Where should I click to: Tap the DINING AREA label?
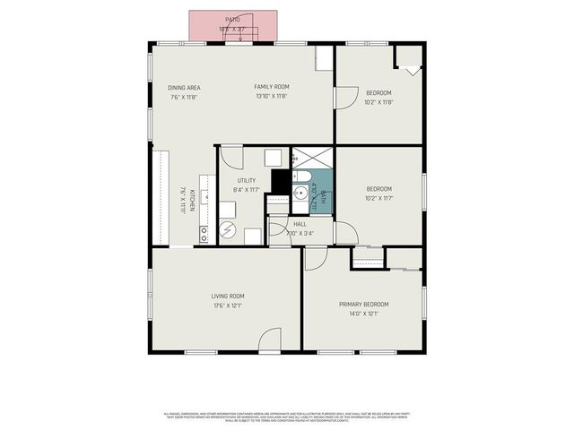[x=184, y=88]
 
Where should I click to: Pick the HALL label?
[x=300, y=224]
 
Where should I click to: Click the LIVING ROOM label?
[x=228, y=296]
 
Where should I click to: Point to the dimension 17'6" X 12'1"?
[x=228, y=305]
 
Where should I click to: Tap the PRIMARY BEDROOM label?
[x=363, y=305]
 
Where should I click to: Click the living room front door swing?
[x=270, y=340]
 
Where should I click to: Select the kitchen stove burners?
[x=204, y=234]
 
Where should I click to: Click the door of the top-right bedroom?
[x=344, y=99]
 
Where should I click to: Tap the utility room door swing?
[x=231, y=158]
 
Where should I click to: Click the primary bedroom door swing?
[x=316, y=258]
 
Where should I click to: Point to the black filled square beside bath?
[x=280, y=181]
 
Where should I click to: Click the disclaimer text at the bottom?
[x=287, y=416]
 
